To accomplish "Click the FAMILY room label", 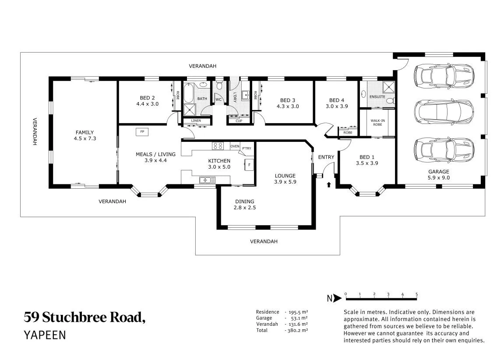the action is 85,132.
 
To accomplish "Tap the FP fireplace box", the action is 142,132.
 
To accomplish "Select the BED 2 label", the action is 147,98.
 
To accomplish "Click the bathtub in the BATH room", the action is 189,93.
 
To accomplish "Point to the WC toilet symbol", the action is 219,85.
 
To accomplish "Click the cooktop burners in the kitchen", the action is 218,146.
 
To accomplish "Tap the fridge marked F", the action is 249,165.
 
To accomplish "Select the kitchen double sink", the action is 207,180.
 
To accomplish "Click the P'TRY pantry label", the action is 247,148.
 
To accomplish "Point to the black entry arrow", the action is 329,184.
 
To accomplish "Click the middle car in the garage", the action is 444,112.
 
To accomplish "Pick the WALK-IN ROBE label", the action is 378,123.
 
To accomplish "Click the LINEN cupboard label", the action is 196,120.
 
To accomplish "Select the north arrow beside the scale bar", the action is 337,298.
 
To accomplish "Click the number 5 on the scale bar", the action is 416,294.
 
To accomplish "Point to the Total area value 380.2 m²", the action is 298,330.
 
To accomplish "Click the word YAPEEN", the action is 45,335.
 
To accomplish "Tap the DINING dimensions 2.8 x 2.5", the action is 245,208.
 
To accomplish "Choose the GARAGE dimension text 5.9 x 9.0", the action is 438,177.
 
